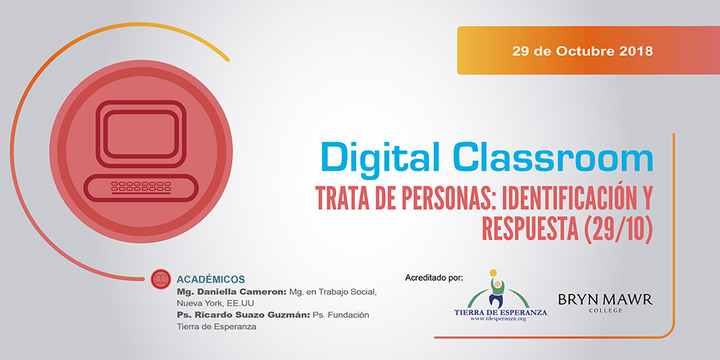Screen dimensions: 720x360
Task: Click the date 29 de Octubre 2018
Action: [x=582, y=50]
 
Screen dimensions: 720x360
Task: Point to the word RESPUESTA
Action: [x=529, y=229]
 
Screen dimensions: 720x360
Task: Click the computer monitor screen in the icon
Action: [x=141, y=134]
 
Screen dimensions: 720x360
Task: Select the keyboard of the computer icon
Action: [x=141, y=187]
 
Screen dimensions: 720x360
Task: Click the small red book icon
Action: [x=161, y=279]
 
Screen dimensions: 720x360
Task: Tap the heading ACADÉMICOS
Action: [x=211, y=279]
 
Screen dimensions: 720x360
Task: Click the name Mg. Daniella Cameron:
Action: [x=232, y=292]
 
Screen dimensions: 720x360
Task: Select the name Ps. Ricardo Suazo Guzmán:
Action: [x=244, y=315]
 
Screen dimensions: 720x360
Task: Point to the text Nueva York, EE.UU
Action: [x=215, y=304]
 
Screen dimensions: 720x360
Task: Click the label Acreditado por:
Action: [x=434, y=278]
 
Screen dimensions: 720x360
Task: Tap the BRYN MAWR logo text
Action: [x=606, y=300]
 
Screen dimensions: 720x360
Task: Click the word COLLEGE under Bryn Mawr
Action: [x=606, y=311]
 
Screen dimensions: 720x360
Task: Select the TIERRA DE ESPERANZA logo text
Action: [x=500, y=312]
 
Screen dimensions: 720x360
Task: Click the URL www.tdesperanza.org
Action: [x=498, y=319]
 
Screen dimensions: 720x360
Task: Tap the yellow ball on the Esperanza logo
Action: [x=493, y=273]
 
